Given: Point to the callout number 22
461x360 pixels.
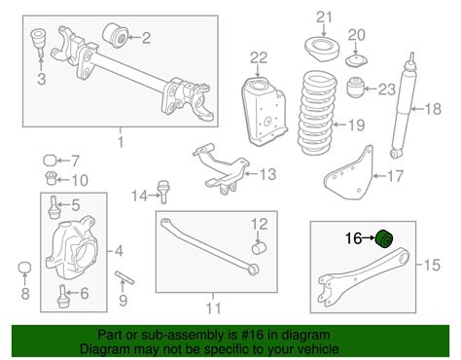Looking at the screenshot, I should (x=258, y=58).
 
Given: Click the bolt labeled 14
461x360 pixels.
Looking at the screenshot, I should (x=161, y=196).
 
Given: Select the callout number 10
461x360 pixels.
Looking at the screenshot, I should (x=81, y=179).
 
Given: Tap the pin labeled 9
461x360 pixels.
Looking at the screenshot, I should (x=124, y=280).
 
